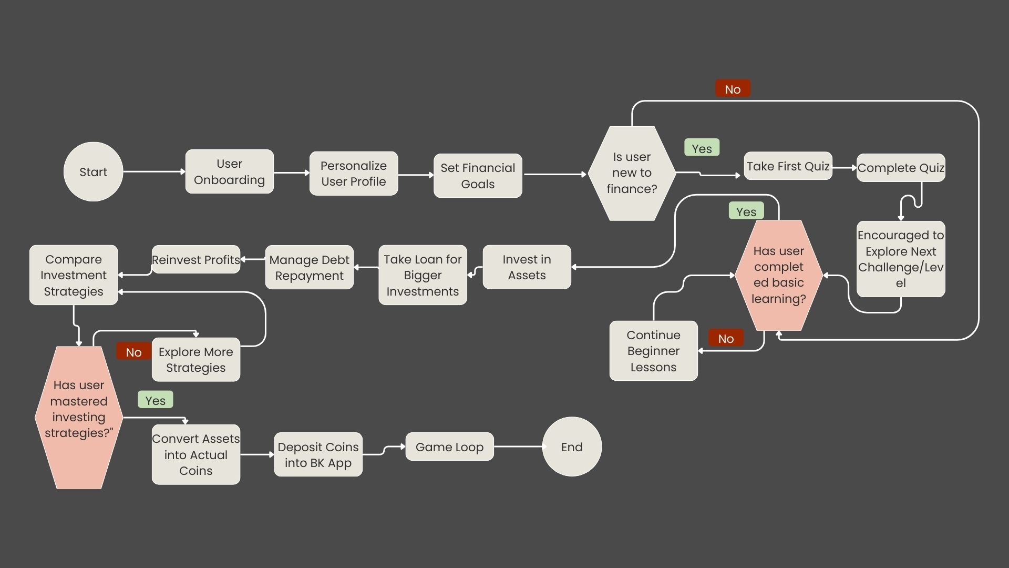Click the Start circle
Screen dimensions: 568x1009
93,171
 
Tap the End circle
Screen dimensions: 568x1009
572,447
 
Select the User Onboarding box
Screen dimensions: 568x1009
229,171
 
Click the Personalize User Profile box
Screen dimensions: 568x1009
353,174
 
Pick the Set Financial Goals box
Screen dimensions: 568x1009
478,176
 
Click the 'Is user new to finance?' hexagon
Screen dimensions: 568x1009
632,173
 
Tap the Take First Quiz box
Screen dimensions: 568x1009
788,166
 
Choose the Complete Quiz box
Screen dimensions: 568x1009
901,168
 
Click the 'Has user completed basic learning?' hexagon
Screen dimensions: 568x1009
778,275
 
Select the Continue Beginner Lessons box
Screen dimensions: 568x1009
653,351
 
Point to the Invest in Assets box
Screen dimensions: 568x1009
527,267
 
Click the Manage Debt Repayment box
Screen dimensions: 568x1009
309,267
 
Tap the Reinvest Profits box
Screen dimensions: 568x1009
195,260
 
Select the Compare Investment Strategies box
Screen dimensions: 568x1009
74,275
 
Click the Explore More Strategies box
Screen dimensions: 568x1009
195,360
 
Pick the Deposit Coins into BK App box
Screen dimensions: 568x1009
318,454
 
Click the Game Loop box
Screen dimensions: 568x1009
449,447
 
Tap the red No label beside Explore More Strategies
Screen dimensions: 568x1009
133,352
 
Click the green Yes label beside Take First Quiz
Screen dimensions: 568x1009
702,148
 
